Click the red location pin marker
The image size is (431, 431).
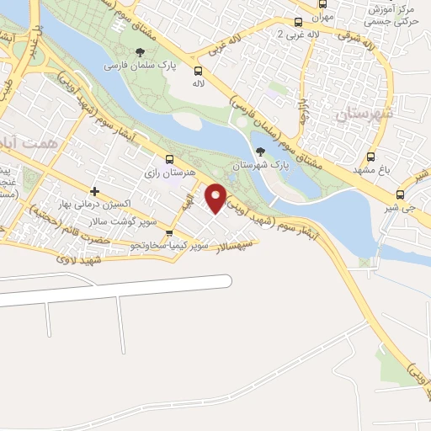(216, 198)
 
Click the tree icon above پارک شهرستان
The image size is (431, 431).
(260, 152)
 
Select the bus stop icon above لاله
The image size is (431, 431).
(198, 71)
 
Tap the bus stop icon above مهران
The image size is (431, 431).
(299, 23)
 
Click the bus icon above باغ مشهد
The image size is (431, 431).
(371, 157)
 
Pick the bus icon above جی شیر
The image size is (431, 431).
(400, 194)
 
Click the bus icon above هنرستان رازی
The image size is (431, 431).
(170, 158)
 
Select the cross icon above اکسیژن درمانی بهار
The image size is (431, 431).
(94, 192)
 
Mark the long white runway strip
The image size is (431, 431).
(118, 287)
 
